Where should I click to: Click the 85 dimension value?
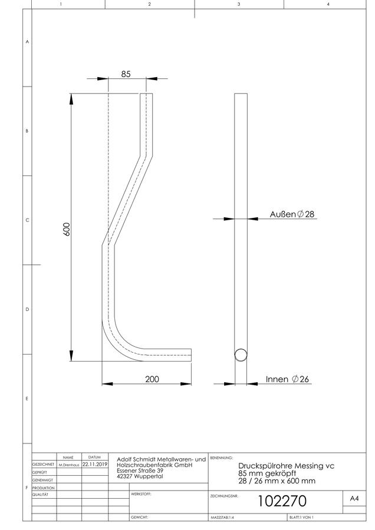pos(126,74)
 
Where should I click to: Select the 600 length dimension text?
pos(67,229)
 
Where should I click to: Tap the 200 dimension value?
pos(152,379)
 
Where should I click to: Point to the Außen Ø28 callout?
pos(292,214)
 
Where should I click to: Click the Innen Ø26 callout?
pos(287,379)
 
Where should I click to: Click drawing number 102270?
pos(282,501)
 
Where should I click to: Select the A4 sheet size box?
pos(354,499)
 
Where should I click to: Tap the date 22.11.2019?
pos(95,465)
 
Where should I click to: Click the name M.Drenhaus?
pos(69,465)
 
